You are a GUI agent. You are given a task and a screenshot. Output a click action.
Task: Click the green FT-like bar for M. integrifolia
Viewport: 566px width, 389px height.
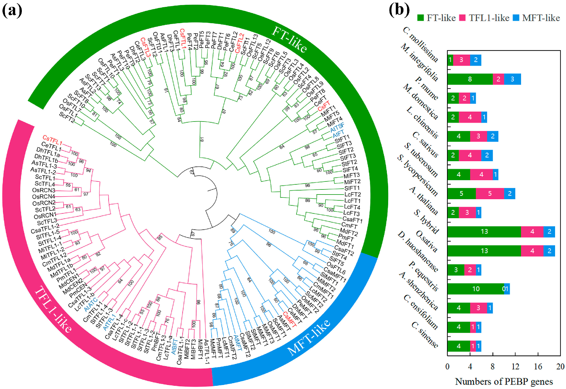tap(470, 79)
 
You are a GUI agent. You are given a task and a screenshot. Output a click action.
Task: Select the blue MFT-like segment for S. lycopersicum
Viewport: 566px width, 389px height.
tap(509, 193)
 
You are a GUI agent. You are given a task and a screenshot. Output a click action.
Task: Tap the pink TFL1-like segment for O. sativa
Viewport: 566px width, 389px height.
tap(532, 251)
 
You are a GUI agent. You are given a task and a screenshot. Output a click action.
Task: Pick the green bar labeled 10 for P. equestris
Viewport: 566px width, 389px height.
tap(475, 289)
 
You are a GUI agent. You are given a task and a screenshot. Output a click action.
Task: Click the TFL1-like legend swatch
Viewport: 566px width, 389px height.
tap(462, 18)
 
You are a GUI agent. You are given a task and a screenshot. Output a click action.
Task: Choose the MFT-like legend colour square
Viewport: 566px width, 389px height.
tap(516, 18)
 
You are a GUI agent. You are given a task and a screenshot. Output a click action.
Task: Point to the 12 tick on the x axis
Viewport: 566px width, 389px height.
tap(515, 367)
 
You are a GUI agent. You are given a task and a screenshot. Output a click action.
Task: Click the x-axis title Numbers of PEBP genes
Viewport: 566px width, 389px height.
tap(504, 382)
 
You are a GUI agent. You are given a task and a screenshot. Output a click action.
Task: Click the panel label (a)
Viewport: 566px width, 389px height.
tap(12, 11)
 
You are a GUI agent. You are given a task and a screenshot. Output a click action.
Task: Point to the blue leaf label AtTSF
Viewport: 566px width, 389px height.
tap(337, 127)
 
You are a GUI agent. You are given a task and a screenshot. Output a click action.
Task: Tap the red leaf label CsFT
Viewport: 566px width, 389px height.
tap(323, 106)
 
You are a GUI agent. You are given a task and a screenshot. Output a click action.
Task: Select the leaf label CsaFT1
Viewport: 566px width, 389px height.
tap(352, 220)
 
